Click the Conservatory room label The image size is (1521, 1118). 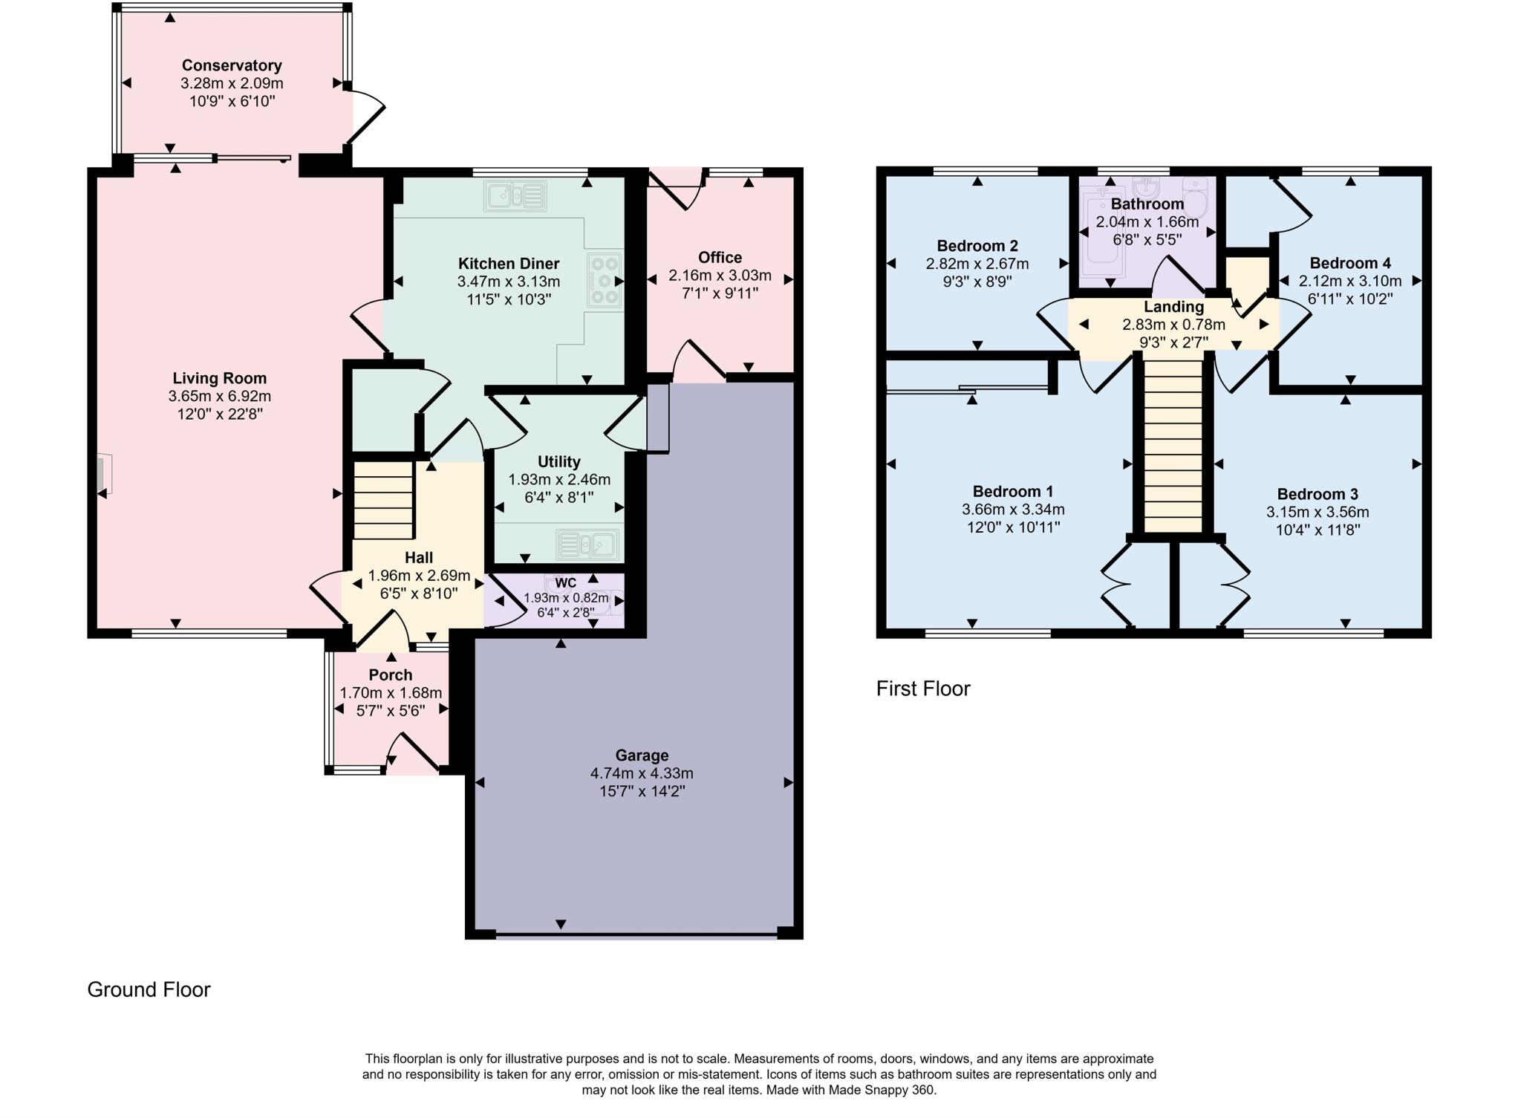[232, 65]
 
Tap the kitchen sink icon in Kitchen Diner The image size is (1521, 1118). [515, 196]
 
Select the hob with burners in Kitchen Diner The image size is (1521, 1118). [605, 280]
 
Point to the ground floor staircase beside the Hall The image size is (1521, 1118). [382, 500]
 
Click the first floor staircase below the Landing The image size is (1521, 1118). [1173, 446]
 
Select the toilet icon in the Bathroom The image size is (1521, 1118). [1194, 195]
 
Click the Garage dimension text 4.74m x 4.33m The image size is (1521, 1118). [642, 773]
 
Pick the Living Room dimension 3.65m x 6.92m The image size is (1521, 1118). [220, 396]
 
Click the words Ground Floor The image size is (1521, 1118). [149, 989]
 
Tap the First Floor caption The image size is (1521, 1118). [923, 689]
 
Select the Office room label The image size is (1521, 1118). [720, 257]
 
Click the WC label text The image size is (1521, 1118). [565, 583]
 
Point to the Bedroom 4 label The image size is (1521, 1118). [1349, 263]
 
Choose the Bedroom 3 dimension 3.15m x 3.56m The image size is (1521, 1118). [1318, 512]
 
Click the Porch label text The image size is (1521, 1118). [391, 675]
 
